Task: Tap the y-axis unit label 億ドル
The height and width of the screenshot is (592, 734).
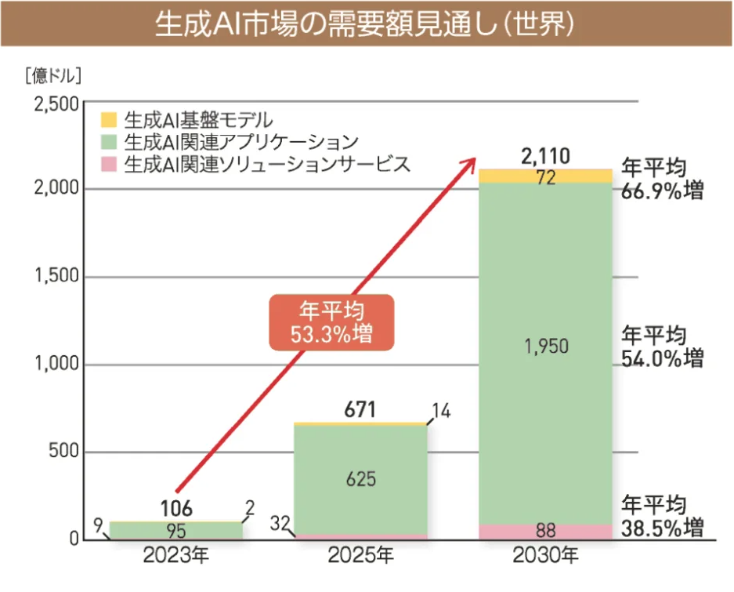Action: (54, 76)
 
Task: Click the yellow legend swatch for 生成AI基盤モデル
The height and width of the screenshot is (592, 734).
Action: (109, 120)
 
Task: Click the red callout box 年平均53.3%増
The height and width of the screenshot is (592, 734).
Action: (331, 321)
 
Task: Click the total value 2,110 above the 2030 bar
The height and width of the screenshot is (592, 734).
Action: (546, 155)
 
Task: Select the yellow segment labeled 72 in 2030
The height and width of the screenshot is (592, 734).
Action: (546, 177)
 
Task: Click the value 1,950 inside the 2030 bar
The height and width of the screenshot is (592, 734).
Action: (546, 347)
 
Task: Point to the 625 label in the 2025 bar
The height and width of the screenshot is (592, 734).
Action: (360, 478)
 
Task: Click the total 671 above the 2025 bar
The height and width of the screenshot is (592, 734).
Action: (360, 410)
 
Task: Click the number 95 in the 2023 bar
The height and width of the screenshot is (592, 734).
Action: (175, 532)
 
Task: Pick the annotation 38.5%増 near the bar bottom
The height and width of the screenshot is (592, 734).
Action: (662, 528)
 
